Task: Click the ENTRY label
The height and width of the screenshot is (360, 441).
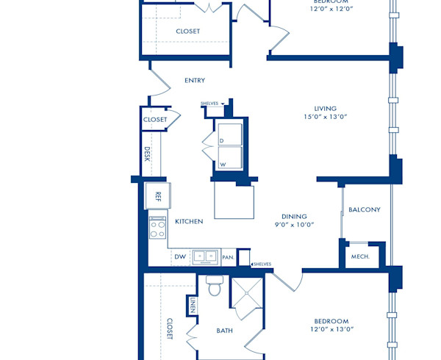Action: [195, 80]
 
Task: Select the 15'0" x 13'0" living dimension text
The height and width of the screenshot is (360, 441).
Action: [325, 117]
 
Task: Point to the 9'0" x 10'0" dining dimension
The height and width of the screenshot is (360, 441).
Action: [295, 226]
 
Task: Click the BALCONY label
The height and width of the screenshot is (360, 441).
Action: [365, 209]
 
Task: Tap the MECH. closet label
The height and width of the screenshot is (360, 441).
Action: [360, 256]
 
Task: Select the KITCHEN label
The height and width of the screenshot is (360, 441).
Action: [189, 221]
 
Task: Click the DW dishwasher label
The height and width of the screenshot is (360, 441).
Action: [180, 257]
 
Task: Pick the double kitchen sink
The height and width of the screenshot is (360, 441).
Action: [205, 256]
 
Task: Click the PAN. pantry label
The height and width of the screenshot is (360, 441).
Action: [228, 258]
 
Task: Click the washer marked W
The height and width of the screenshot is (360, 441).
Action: [229, 159]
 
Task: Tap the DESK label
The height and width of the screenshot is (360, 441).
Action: [147, 154]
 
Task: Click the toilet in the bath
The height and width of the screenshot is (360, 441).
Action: [215, 285]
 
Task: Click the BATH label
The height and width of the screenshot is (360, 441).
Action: [224, 331]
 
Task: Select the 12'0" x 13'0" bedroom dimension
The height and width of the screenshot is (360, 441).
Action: [331, 330]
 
